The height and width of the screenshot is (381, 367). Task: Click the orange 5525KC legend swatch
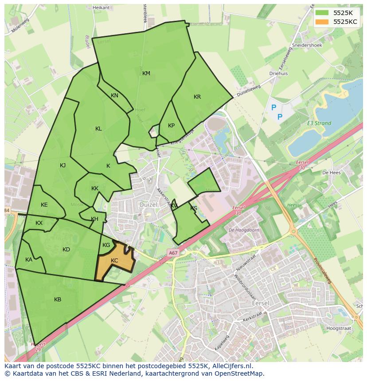pyautogui.click(x=322, y=22)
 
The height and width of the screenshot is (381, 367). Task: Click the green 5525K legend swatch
pyautogui.click(x=322, y=12)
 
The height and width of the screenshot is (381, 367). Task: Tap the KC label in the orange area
pyautogui.click(x=114, y=261)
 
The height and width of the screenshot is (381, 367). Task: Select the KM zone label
pyautogui.click(x=146, y=73)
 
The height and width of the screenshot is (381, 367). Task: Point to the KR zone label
pyautogui.click(x=197, y=97)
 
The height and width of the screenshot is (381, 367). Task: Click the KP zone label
pyautogui.click(x=172, y=126)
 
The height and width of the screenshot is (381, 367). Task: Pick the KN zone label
pyautogui.click(x=114, y=96)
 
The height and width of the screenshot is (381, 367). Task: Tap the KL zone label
pyautogui.click(x=98, y=129)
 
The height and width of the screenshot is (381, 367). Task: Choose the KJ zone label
pyautogui.click(x=63, y=165)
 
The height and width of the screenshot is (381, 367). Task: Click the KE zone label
pyautogui.click(x=44, y=205)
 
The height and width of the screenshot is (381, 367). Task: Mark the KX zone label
pyautogui.click(x=39, y=223)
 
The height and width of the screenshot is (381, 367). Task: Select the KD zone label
pyautogui.click(x=66, y=250)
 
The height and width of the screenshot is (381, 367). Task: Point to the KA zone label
pyautogui.click(x=29, y=260)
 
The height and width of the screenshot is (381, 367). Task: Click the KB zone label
pyautogui.click(x=58, y=300)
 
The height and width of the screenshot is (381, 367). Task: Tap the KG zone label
pyautogui.click(x=106, y=245)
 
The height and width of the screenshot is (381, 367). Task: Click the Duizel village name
pyautogui.click(x=148, y=205)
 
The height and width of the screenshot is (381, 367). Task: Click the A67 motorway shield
pyautogui.click(x=173, y=253)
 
